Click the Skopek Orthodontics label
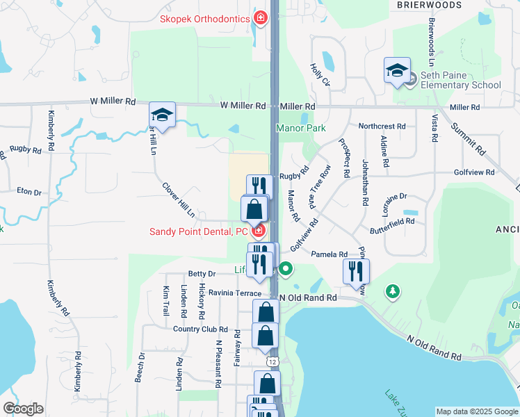205,18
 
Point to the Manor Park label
300,129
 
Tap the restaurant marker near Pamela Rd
356,271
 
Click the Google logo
23,409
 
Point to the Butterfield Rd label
391,222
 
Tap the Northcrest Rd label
382,126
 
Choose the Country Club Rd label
201,329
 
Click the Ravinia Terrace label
235,293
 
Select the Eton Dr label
30,192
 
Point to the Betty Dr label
202,274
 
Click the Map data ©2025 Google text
476,411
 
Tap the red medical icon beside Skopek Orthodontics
260,17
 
